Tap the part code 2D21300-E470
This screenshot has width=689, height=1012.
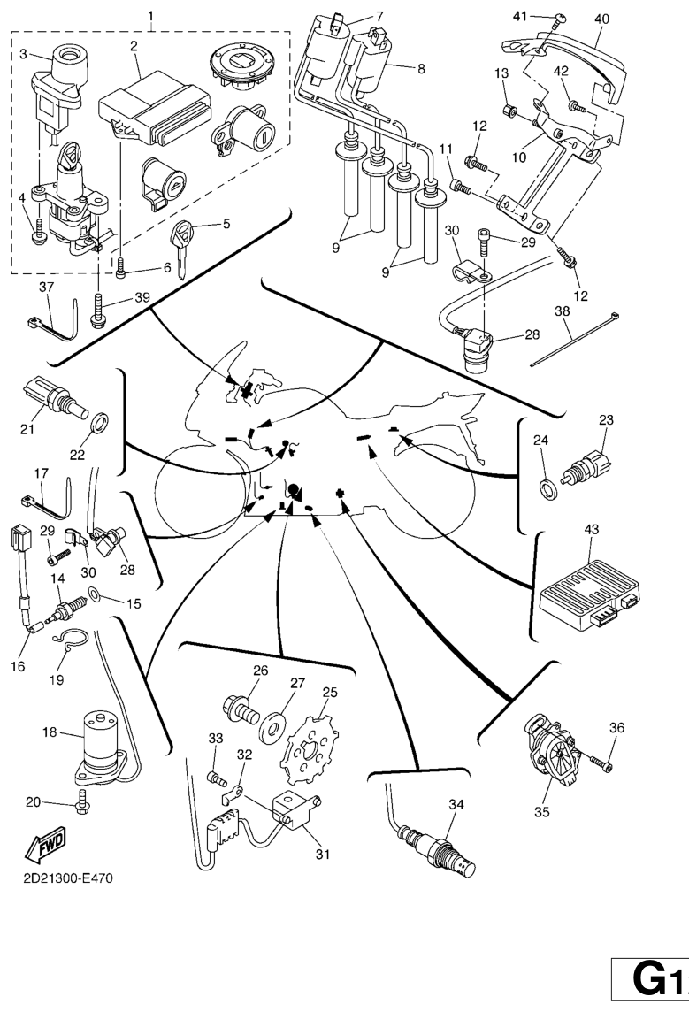click(68, 878)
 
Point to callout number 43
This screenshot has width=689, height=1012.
click(592, 529)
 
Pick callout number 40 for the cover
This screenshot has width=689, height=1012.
click(601, 19)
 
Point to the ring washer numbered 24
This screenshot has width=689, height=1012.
click(548, 485)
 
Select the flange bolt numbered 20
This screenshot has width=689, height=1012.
click(82, 801)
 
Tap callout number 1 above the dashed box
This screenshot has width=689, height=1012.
click(150, 16)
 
